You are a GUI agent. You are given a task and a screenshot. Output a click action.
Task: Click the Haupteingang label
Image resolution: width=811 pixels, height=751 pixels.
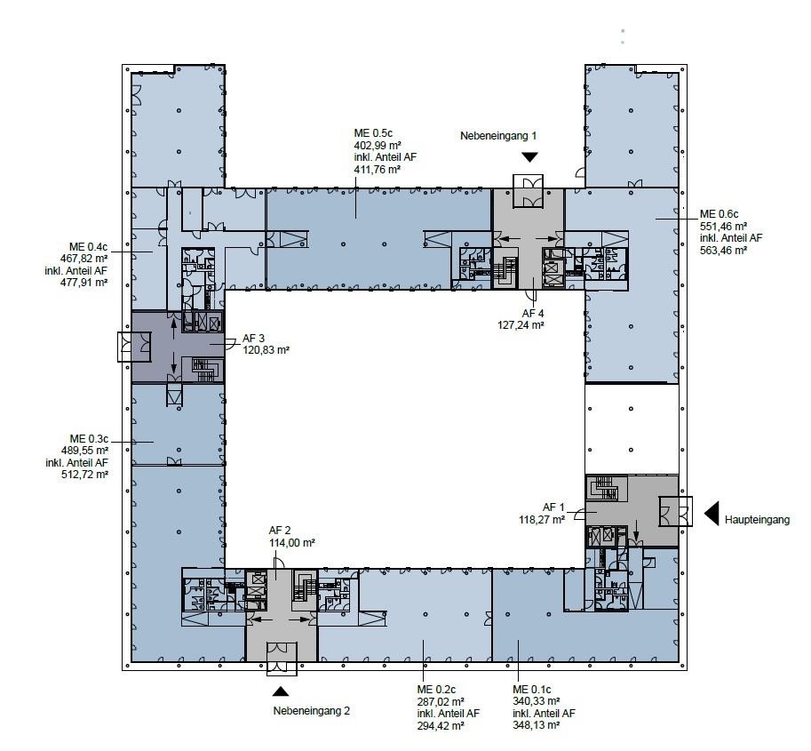(757, 520)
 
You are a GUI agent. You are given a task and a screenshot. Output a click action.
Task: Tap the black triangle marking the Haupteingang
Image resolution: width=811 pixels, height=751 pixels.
(712, 514)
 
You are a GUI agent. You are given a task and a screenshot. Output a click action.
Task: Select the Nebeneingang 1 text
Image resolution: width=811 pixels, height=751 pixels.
(498, 136)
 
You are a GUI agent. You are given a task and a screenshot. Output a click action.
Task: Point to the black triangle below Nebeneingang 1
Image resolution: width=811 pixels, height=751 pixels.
(529, 156)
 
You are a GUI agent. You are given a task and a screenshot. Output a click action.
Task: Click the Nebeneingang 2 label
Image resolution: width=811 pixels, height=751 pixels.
(312, 711)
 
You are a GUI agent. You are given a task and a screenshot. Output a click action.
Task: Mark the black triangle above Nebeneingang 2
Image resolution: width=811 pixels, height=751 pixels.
(281, 691)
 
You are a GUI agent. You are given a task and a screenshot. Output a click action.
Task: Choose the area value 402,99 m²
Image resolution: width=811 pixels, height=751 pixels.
(378, 146)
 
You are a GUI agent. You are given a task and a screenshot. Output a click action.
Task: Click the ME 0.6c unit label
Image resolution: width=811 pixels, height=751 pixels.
(719, 214)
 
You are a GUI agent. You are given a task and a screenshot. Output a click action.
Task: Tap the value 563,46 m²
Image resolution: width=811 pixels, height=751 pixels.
(724, 251)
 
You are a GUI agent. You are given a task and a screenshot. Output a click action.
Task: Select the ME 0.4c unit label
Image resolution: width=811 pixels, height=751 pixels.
(89, 246)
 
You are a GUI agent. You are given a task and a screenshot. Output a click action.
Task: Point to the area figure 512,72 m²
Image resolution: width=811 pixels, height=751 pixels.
(84, 474)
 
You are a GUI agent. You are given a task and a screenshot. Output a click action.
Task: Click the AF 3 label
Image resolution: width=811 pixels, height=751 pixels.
(253, 339)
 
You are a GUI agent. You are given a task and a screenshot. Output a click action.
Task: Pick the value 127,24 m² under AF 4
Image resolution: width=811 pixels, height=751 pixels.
(521, 325)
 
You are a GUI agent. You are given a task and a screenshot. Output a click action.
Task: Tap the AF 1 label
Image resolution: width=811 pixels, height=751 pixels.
(554, 507)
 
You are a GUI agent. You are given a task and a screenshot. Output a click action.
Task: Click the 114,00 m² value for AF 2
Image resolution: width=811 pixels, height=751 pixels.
(292, 543)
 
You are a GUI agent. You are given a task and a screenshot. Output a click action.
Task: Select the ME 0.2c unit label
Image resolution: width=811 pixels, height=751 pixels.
(436, 690)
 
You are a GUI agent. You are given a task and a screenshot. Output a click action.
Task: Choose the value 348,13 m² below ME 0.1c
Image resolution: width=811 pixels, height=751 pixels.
(537, 725)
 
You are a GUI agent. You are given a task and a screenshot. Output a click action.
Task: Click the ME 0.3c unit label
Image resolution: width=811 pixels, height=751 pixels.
(89, 439)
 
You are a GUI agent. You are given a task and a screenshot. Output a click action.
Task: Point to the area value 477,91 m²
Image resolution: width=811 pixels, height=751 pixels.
(84, 282)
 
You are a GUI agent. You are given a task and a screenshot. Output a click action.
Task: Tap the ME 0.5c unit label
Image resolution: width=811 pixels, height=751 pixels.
(373, 133)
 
